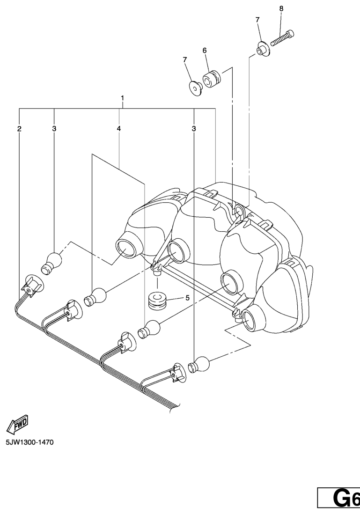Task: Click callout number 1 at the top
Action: [x=122, y=99]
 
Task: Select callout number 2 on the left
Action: [x=19, y=128]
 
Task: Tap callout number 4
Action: [x=119, y=128]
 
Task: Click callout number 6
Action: [x=205, y=50]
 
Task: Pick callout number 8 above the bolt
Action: [x=281, y=8]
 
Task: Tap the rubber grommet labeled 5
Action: [x=157, y=301]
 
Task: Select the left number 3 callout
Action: [x=54, y=128]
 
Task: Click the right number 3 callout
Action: [x=193, y=128]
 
